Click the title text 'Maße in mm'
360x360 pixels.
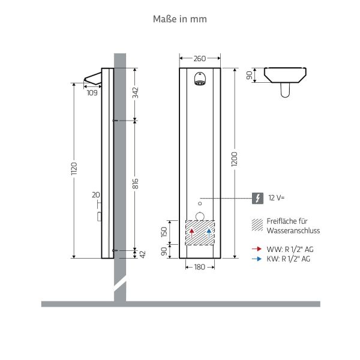coord(181,19)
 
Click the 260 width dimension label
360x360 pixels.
coord(200,59)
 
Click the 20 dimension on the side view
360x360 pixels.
coord(95,194)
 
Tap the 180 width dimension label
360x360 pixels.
coord(200,267)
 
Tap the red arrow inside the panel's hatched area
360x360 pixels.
coord(191,233)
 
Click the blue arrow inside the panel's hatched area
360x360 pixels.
coord(209,233)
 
